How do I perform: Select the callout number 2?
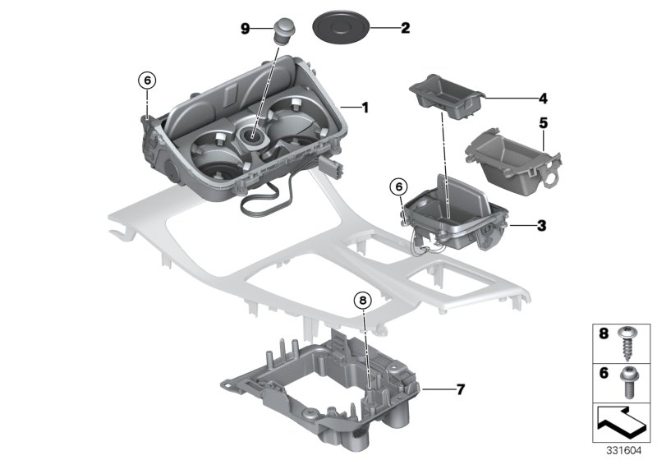pyautogui.click(x=404, y=28)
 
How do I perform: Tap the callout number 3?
pyautogui.click(x=519, y=224)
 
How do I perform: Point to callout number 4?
pyautogui.click(x=519, y=98)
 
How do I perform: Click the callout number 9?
pyautogui.click(x=245, y=28)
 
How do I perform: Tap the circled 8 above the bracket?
pyautogui.click(x=363, y=301)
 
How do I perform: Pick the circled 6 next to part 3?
pyautogui.click(x=398, y=187)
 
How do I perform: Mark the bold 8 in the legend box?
pyautogui.click(x=603, y=335)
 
